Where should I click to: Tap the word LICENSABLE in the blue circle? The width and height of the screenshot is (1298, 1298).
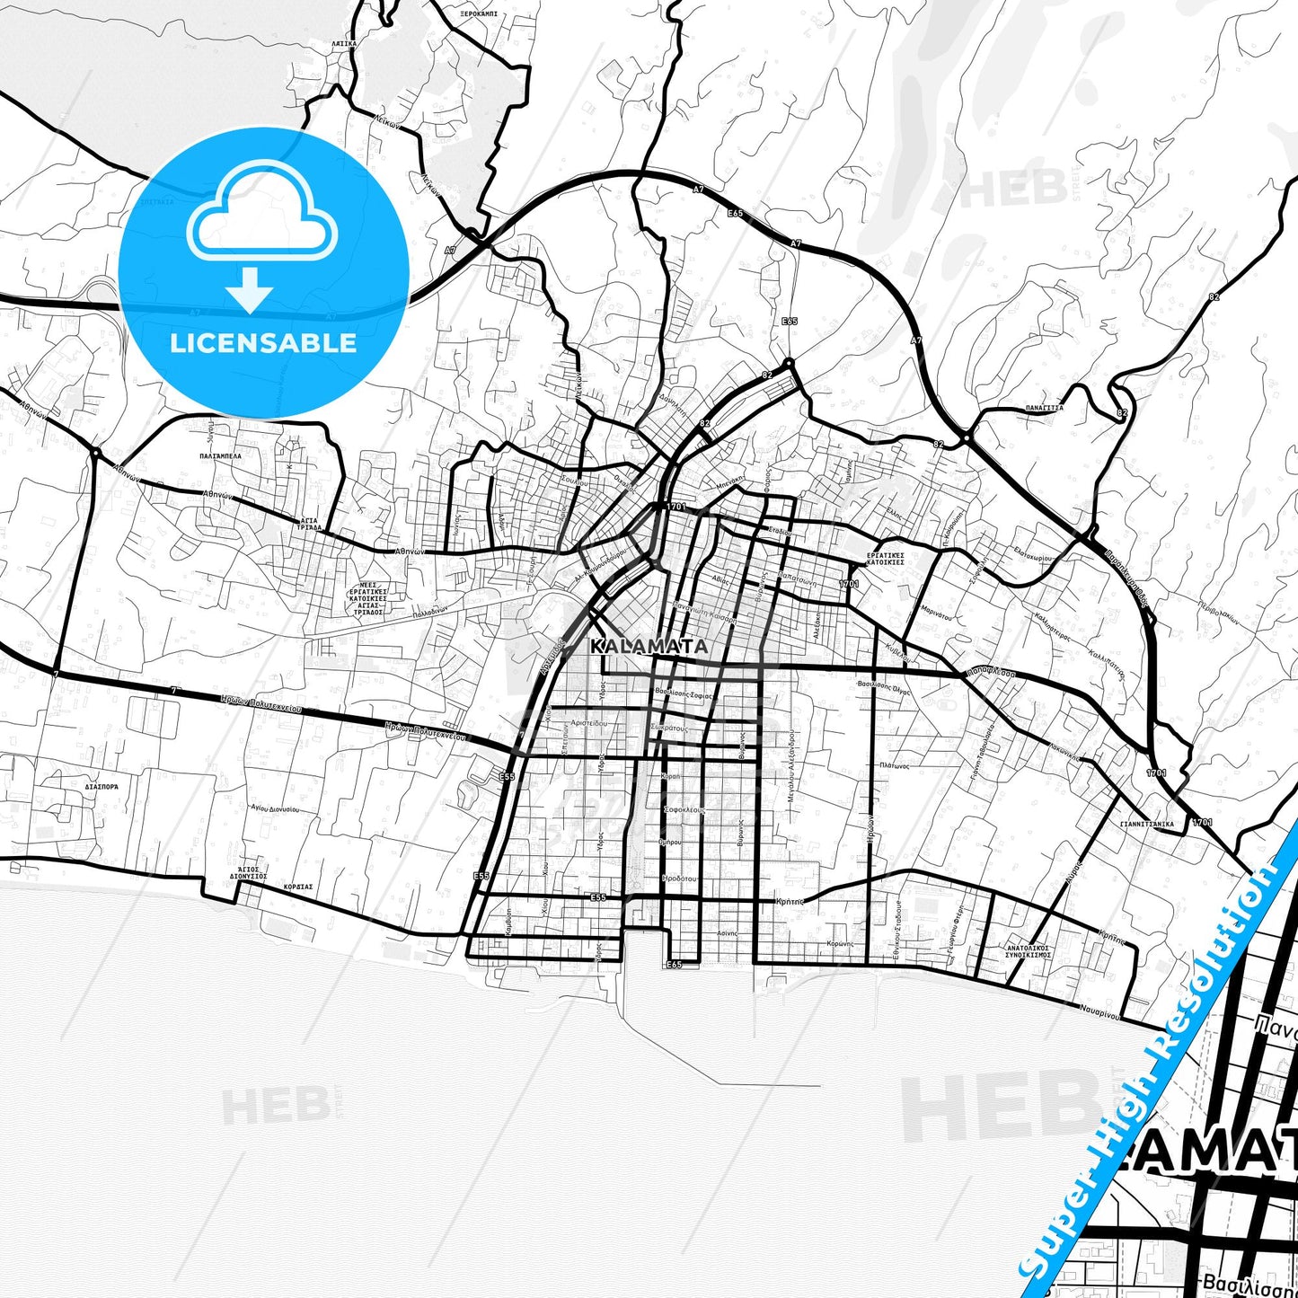(x=263, y=343)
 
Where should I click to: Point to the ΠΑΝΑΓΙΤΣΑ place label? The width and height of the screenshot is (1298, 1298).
(x=1045, y=407)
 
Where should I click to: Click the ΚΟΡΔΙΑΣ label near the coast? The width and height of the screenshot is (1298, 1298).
(x=297, y=886)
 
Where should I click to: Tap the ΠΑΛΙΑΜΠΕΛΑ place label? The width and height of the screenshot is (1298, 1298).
(x=220, y=456)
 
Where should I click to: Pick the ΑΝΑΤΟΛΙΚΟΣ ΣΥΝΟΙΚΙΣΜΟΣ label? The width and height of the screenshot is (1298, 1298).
(x=1028, y=951)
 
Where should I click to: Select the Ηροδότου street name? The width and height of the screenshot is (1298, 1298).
(x=679, y=879)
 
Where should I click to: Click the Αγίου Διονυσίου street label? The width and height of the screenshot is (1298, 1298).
(x=275, y=809)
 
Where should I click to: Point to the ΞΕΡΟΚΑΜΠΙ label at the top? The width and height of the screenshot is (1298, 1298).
(x=478, y=15)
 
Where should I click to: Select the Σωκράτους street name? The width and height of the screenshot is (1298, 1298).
(x=670, y=728)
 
